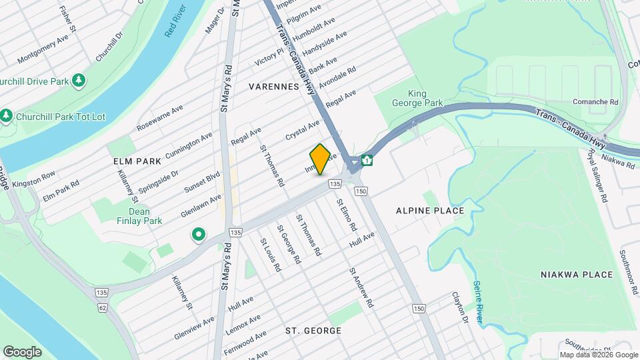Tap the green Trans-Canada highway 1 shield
click(367, 161)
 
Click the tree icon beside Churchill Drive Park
click(79, 81)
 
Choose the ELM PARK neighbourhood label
click(137, 161)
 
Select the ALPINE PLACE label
click(429, 211)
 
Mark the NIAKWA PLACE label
click(576, 275)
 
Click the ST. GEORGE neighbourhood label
click(313, 331)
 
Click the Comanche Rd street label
click(595, 102)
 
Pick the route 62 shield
click(102, 308)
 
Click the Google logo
click(22, 351)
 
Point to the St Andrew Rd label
click(361, 288)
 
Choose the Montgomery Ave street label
click(43, 49)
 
